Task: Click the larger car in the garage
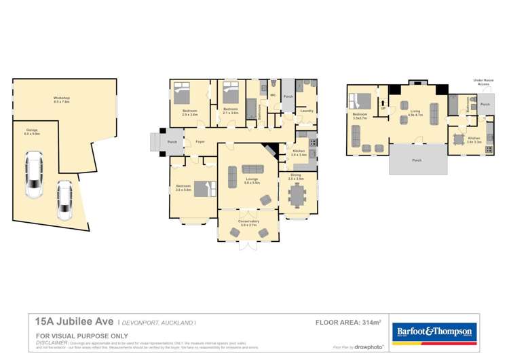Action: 33,175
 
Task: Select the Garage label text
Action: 32,130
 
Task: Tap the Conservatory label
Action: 247,221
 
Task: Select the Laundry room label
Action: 306,110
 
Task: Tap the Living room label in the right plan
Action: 415,113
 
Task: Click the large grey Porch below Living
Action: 417,160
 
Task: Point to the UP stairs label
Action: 383,108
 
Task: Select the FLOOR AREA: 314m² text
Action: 348,322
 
